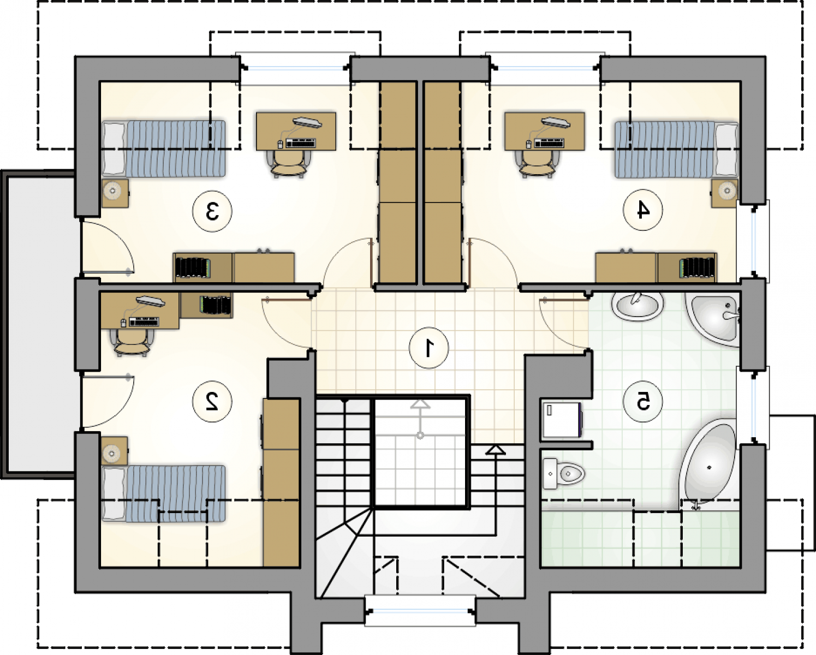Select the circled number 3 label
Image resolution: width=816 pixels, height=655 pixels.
point(212,211)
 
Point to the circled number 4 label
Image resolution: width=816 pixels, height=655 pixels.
point(643,210)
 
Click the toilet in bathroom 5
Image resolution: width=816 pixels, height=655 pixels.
point(563,473)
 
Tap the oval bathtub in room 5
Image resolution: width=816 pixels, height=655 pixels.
point(707,465)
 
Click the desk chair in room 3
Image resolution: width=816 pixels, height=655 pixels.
point(289,163)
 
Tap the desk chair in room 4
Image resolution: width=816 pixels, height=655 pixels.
point(537,163)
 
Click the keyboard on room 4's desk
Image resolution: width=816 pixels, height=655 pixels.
point(549,144)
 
